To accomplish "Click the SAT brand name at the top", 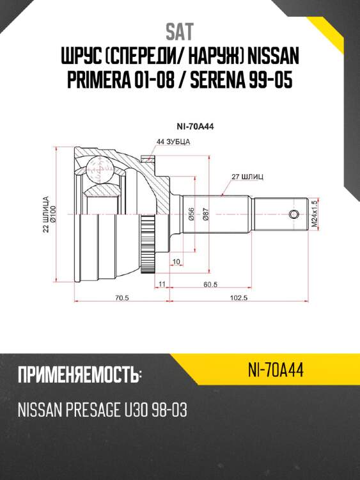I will (x=180, y=30).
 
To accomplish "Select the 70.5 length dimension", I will (x=121, y=298).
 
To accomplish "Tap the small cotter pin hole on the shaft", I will (x=294, y=214).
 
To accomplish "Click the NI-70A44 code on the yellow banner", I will (x=274, y=370).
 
